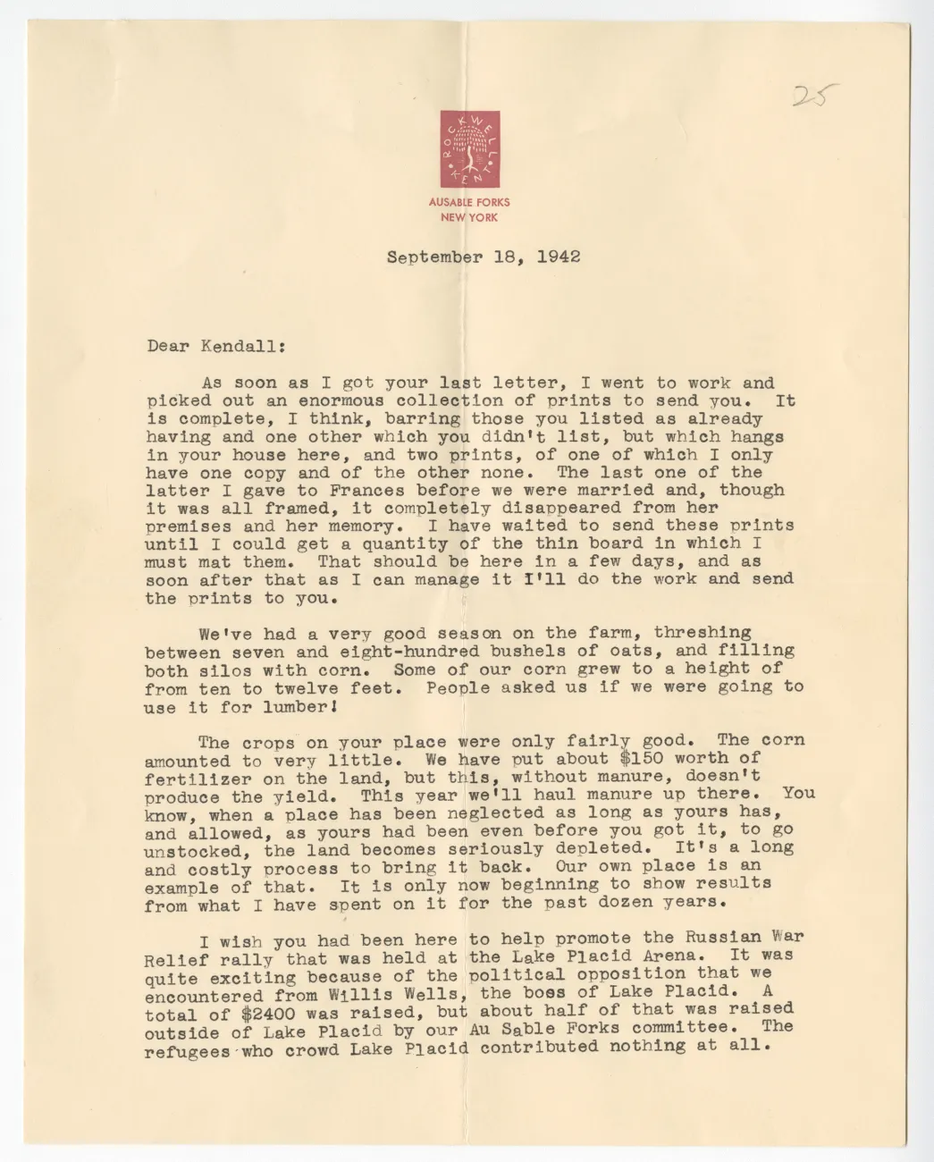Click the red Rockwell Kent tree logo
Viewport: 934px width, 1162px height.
click(469, 149)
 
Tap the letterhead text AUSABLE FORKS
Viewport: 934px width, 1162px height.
click(469, 203)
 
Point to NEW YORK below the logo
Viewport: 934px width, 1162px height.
click(469, 217)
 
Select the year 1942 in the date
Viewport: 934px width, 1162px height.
click(559, 257)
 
